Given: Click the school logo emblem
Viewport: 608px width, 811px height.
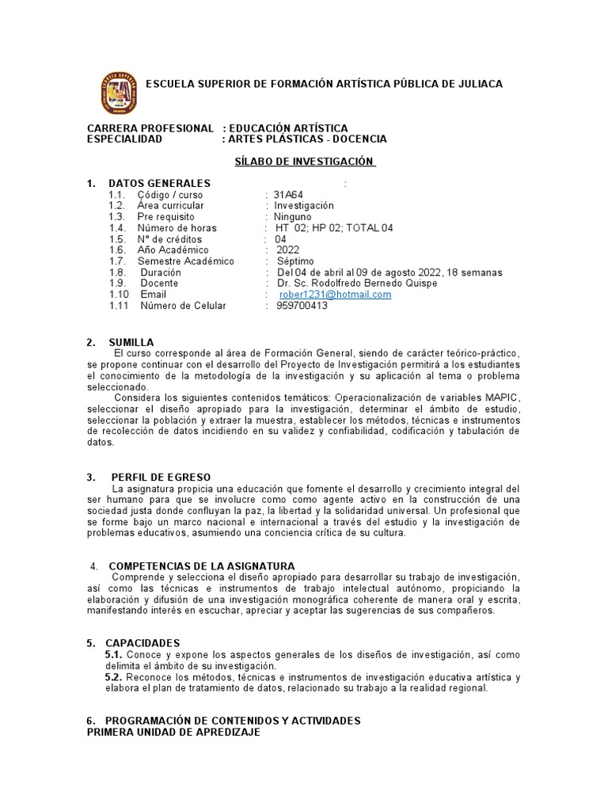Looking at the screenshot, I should click(x=120, y=93).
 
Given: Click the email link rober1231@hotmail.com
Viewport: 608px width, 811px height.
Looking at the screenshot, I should click(x=335, y=295).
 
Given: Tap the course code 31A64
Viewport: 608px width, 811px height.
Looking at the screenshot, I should click(x=288, y=195).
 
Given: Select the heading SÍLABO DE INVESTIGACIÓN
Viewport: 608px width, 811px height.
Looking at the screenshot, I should click(x=304, y=161).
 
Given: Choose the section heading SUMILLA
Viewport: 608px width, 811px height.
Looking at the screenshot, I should click(x=131, y=342).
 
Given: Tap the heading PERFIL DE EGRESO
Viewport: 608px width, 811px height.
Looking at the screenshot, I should click(x=161, y=477).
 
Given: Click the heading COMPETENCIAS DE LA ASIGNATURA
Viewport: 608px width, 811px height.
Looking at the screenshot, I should click(x=201, y=566).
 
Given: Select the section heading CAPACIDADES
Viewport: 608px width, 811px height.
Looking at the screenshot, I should click(x=144, y=643).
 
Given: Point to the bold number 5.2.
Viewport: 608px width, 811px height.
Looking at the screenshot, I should click(x=113, y=677).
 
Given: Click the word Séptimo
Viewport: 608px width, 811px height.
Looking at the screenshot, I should click(x=295, y=261).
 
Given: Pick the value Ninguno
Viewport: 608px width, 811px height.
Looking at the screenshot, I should click(x=293, y=217).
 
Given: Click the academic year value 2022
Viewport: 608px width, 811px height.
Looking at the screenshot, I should click(x=287, y=250).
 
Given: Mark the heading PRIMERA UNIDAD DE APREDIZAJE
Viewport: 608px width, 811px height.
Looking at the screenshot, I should click(x=173, y=733).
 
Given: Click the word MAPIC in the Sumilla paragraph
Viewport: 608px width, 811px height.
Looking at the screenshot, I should click(x=502, y=397).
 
